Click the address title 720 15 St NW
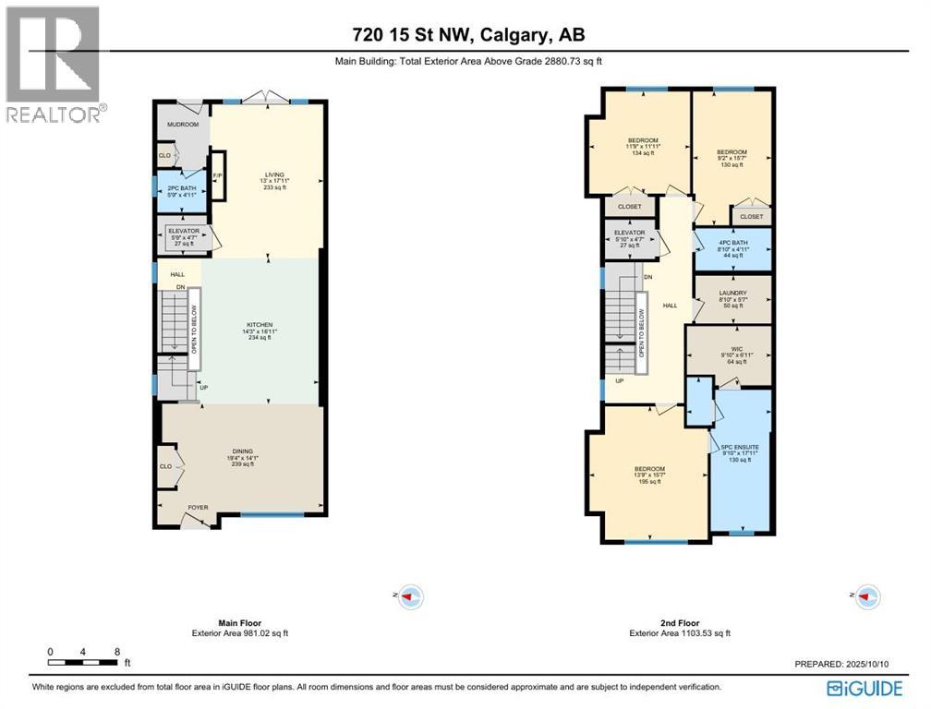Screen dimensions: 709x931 [468, 35]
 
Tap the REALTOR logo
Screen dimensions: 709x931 [54, 65]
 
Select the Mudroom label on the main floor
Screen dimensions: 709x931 [183, 124]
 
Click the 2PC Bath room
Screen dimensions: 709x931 [182, 191]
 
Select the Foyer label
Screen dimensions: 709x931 [199, 507]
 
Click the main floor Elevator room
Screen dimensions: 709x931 [184, 236]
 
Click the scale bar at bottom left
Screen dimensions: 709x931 [83, 662]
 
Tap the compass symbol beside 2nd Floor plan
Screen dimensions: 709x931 [867, 596]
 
